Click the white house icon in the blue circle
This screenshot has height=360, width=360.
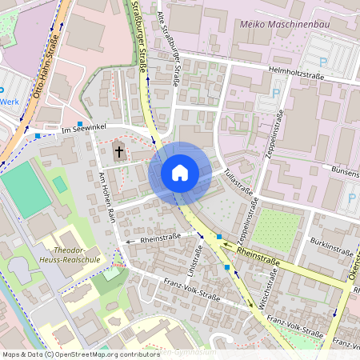[x=180, y=172]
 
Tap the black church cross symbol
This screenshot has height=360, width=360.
[x=119, y=150]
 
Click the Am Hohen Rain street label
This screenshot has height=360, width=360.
[x=107, y=198]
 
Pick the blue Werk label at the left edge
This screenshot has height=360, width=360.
[x=10, y=102]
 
